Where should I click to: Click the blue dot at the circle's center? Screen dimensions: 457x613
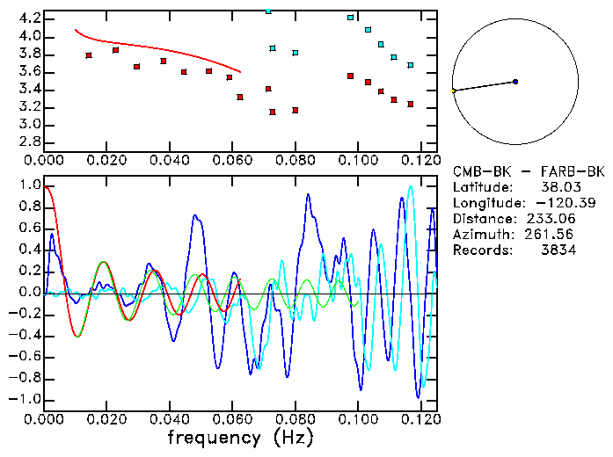pyautogui.click(x=515, y=82)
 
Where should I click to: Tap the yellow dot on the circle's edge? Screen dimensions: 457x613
pyautogui.click(x=454, y=91)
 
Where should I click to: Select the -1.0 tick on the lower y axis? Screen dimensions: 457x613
pyautogui.click(x=26, y=399)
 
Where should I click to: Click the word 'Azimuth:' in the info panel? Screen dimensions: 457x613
pyautogui.click(x=481, y=235)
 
